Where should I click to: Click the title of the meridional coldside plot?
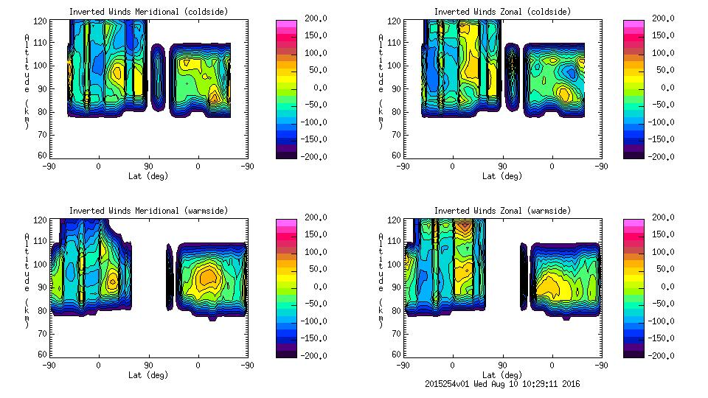point(148,12)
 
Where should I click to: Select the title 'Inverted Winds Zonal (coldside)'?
point(502,12)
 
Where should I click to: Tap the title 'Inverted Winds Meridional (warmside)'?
point(148,211)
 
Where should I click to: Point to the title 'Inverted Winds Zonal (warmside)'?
point(502,211)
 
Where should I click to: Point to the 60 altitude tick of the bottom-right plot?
point(396,355)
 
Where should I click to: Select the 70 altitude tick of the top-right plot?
point(396,135)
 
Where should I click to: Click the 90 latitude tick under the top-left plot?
point(148,167)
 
